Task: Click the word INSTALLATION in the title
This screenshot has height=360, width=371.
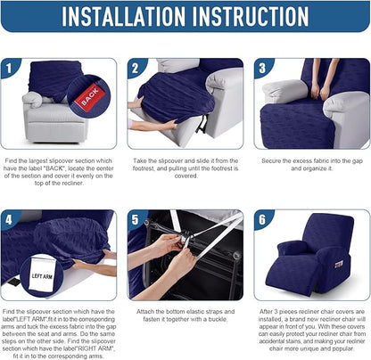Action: (124, 16)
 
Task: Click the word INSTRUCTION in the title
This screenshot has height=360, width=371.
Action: (251, 16)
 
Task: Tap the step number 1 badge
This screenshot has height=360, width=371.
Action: (9, 68)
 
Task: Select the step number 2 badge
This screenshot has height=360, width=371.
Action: (136, 68)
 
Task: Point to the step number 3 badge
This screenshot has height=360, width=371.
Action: (262, 68)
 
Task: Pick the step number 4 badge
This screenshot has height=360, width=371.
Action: (9, 220)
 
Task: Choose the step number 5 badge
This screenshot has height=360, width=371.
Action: (136, 220)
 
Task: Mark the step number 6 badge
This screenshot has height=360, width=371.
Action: (262, 220)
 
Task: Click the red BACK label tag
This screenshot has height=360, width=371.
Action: (90, 97)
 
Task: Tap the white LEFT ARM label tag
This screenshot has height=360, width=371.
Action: (42, 275)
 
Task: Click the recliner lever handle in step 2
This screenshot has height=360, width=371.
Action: (203, 124)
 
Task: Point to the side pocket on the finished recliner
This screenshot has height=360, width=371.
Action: (339, 264)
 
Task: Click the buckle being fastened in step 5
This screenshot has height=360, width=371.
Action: (185, 239)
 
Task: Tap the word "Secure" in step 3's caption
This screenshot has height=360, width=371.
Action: (271, 161)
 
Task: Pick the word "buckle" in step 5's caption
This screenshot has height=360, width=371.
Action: (218, 319)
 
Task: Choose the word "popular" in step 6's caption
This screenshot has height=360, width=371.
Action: (343, 348)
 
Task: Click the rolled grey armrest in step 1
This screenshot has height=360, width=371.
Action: (32, 100)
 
